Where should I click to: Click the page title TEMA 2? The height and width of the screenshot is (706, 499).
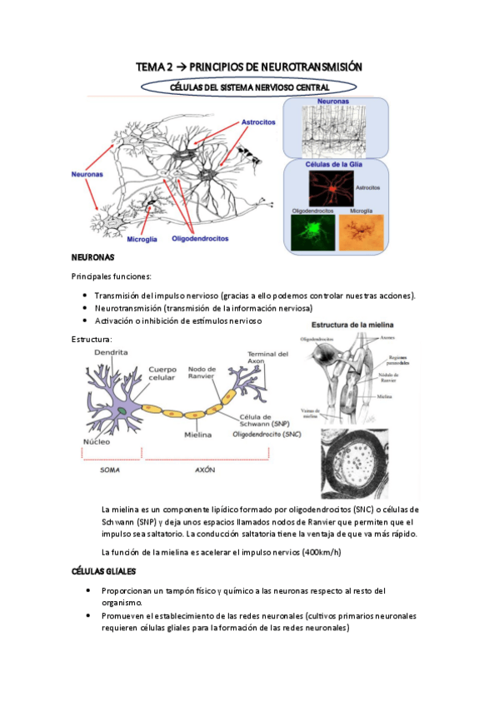click(x=249, y=67)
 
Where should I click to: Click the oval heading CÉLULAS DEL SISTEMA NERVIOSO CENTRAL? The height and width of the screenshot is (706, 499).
click(x=249, y=87)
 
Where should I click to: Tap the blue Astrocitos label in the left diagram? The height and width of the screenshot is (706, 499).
click(x=258, y=122)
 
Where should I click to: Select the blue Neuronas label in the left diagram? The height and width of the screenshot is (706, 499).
click(x=87, y=174)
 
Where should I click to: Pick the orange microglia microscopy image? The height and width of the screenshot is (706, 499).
click(x=359, y=232)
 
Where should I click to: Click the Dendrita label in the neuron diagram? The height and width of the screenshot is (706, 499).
click(x=111, y=353)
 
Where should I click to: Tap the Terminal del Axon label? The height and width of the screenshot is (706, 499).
click(x=267, y=360)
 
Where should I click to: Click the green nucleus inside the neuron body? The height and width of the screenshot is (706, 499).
click(x=122, y=410)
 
